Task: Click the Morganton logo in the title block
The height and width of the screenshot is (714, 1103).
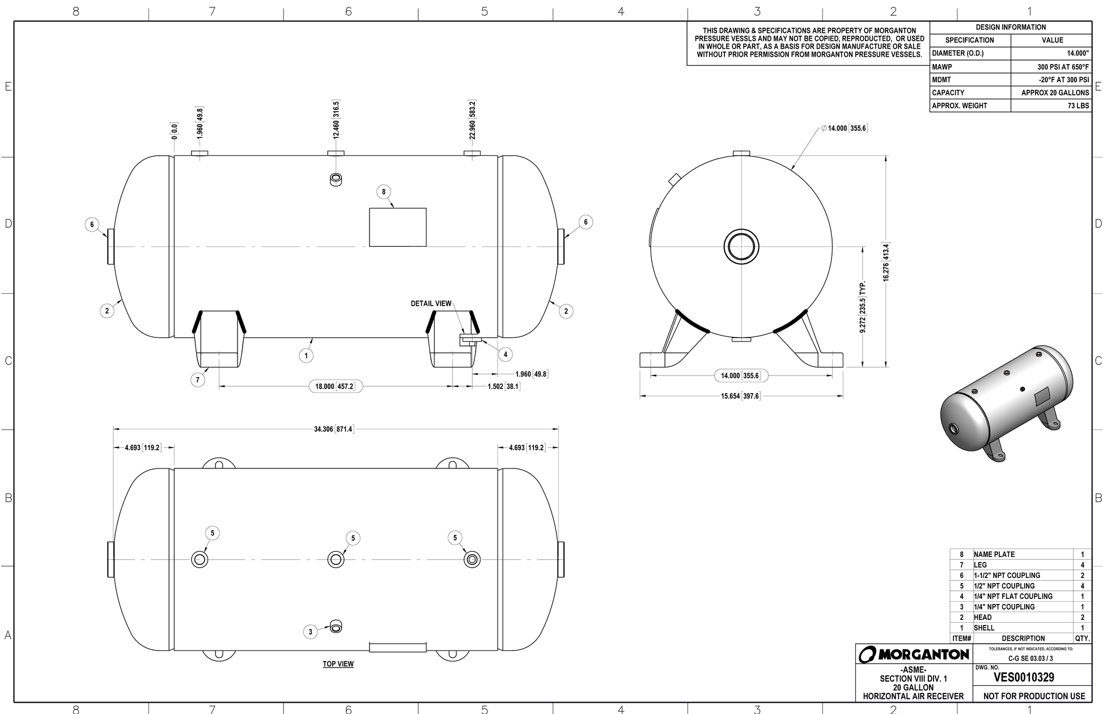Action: click(x=914, y=654)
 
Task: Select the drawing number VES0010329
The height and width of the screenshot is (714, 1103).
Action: click(x=1024, y=677)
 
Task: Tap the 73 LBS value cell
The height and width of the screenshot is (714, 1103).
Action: click(x=1051, y=105)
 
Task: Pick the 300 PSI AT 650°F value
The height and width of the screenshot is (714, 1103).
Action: click(x=1051, y=67)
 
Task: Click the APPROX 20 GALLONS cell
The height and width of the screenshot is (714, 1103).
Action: click(x=1051, y=92)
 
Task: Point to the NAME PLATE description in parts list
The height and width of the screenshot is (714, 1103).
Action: click(x=994, y=555)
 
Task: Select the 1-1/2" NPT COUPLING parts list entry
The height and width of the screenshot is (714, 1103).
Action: click(x=1007, y=575)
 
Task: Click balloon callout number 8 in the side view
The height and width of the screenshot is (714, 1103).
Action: click(x=384, y=192)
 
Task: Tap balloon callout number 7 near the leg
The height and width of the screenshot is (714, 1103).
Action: click(x=197, y=380)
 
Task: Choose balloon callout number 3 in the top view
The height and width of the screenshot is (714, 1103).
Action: click(x=310, y=632)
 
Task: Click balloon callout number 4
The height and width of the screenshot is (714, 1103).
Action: click(x=505, y=354)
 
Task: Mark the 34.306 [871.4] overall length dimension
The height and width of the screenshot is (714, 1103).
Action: click(x=333, y=429)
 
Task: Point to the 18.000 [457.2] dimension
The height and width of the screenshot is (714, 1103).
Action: click(x=334, y=387)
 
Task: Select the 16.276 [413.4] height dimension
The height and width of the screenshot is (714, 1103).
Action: click(x=886, y=261)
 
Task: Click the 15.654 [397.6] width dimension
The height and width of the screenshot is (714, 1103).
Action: click(x=740, y=396)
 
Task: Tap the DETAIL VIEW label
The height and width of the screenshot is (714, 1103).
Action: click(x=431, y=303)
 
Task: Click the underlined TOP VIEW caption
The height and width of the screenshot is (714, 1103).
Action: click(x=338, y=664)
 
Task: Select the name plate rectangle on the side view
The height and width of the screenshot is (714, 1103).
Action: click(x=397, y=227)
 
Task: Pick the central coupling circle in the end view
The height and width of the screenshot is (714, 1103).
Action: click(x=741, y=247)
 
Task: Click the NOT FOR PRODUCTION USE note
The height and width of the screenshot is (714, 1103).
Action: click(x=1034, y=696)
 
